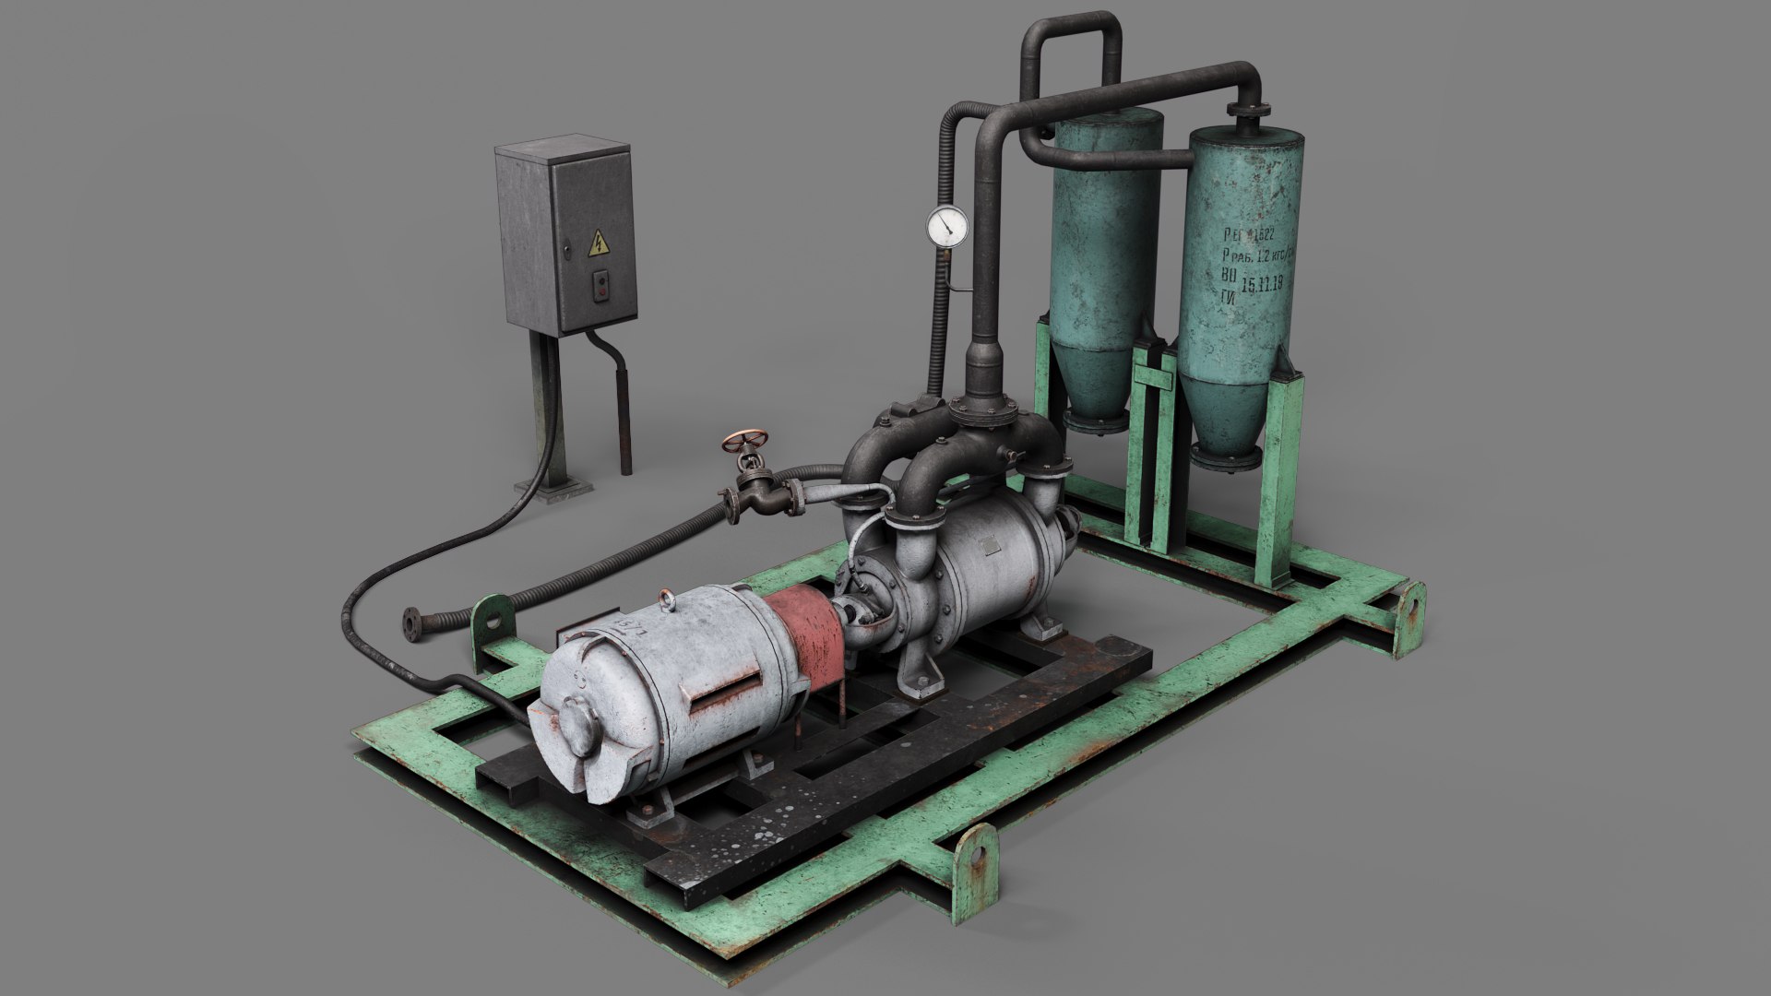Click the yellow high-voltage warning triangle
tap(599, 243)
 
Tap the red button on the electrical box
tap(602, 288)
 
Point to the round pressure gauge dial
tap(947, 226)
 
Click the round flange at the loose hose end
tap(412, 625)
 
